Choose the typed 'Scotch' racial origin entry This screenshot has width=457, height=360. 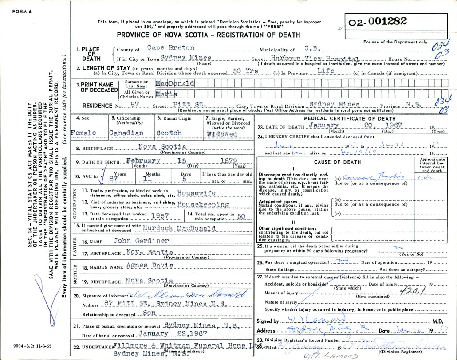[169, 133]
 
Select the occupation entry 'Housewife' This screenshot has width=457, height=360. [196, 193]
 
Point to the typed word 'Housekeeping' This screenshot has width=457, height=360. [203, 205]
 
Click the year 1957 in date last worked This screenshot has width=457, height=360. [160, 215]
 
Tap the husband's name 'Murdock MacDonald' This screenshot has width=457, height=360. [180, 228]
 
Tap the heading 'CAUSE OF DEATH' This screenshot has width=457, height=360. [337, 162]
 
